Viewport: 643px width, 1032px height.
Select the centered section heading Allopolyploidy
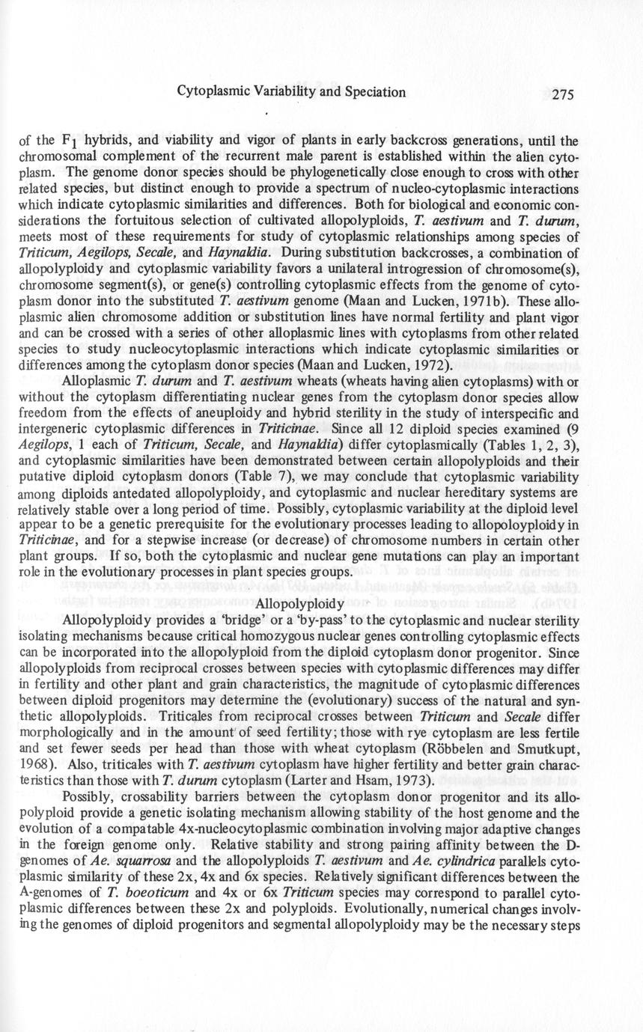[x=299, y=603]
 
